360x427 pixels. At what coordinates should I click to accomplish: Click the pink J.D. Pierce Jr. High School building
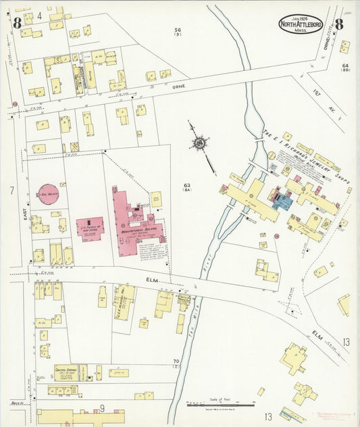pyautogui.click(x=90, y=228)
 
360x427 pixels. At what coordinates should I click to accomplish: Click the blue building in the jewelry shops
pyautogui.click(x=282, y=199)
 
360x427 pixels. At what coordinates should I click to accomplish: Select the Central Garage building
pyautogui.click(x=66, y=372)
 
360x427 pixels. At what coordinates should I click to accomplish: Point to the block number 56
pyautogui.click(x=178, y=30)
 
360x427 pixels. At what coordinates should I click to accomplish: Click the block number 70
pyautogui.click(x=176, y=362)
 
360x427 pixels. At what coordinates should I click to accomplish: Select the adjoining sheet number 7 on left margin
pyautogui.click(x=11, y=191)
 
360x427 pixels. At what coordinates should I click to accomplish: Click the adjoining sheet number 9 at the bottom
pyautogui.click(x=103, y=407)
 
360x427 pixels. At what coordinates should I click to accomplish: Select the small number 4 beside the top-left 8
pyautogui.click(x=39, y=15)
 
